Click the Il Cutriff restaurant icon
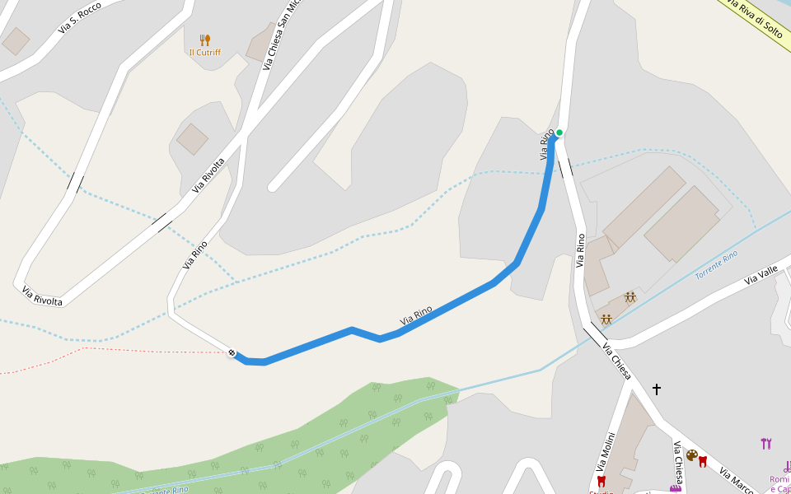point(205,40)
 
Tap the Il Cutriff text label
point(204,53)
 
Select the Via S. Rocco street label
point(80,19)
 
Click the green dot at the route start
point(559,133)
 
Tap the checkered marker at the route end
point(232,353)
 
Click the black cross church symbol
point(657,388)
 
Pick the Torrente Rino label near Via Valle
point(716,265)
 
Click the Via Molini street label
point(606,453)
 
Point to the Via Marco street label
point(736,481)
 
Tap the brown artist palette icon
point(692,455)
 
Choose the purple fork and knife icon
point(766,444)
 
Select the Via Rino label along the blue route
point(416,315)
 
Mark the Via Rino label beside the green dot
point(545,145)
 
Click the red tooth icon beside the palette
point(703,461)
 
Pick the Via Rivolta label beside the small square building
point(209,175)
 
